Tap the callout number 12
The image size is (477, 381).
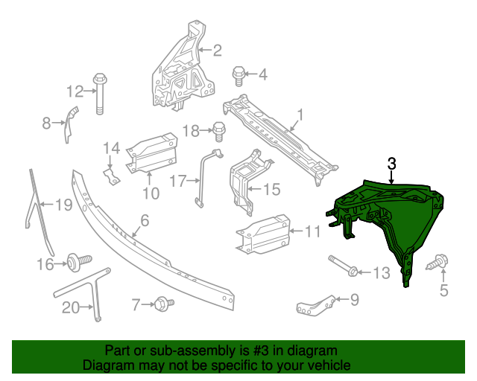coord(75,92)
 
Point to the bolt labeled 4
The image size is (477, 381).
coord(239,74)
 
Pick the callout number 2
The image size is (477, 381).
coord(217,51)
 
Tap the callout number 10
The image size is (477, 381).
coord(151,194)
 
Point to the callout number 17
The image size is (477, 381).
coord(177,180)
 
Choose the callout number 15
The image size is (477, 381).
coord(271,190)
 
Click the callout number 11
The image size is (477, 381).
coord(312,232)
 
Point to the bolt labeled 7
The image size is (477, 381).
coord(162,303)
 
